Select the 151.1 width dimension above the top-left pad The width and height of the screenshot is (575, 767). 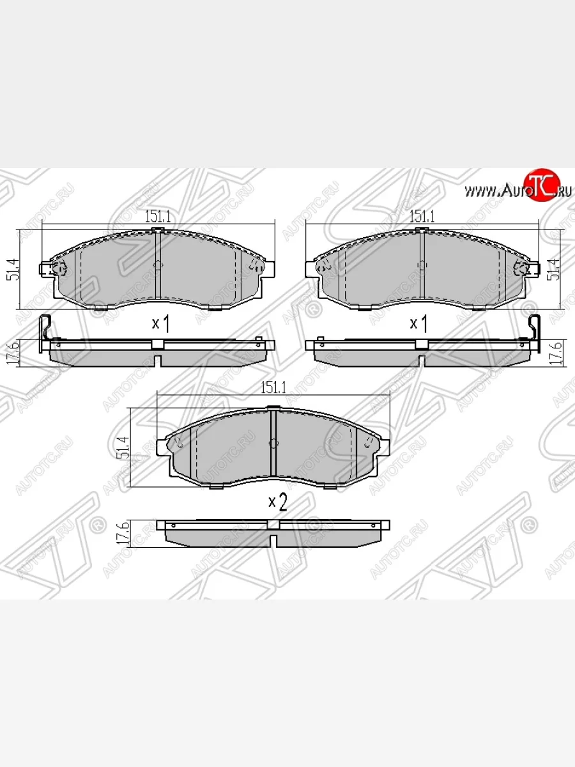157,217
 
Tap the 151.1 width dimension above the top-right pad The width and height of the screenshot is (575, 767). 422,217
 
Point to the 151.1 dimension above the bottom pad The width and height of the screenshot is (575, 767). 273,387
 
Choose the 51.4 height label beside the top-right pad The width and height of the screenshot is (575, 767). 556,268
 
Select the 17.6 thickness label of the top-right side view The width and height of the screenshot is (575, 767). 556,352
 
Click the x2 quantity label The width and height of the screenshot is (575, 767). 277,503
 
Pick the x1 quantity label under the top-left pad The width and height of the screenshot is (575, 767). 160,324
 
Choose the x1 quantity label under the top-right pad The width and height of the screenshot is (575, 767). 418,324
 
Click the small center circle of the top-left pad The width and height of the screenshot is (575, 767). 158,265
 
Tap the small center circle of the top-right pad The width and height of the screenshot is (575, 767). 421,265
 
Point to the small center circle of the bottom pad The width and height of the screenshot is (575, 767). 273,444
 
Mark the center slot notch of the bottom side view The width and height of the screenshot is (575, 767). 273,540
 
